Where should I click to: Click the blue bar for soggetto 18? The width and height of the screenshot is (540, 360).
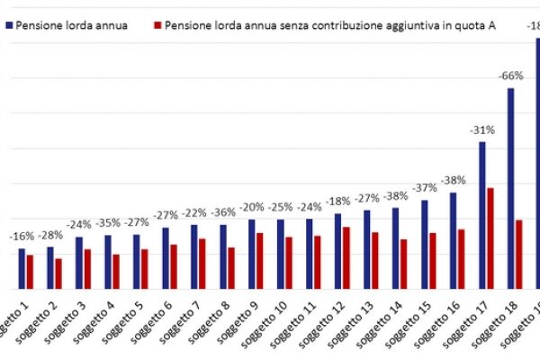click(510, 189)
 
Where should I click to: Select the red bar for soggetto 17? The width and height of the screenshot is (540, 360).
click(490, 238)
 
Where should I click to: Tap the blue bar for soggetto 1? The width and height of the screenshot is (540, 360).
click(22, 268)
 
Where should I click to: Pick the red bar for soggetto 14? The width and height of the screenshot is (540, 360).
click(404, 264)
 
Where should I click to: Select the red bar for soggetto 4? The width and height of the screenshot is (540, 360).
click(116, 271)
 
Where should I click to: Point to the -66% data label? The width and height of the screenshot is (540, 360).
click(510, 76)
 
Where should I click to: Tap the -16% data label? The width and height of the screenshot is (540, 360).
click(22, 237)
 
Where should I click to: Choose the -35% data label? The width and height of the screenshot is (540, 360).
click(109, 223)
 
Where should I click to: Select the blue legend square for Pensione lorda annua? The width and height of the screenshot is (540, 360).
click(9, 25)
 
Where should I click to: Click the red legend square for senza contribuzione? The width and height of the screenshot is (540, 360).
click(159, 25)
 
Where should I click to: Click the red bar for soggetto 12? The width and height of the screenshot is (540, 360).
click(346, 257)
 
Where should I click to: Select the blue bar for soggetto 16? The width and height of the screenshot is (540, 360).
click(453, 240)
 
